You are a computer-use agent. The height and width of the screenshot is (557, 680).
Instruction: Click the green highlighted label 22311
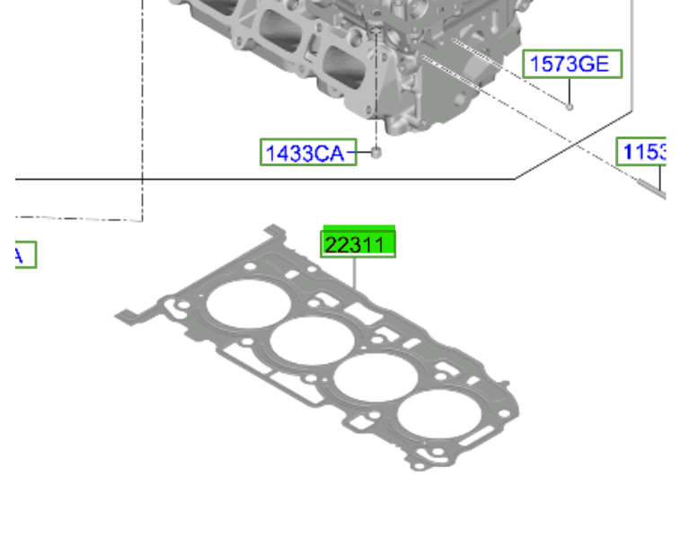point(358,244)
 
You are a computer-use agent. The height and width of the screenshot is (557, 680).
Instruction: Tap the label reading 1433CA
point(305,153)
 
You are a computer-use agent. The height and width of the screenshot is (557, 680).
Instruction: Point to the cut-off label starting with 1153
point(644,152)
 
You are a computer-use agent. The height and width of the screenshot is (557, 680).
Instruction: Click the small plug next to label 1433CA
point(376,152)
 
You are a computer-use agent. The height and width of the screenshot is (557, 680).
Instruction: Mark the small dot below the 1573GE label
point(570,106)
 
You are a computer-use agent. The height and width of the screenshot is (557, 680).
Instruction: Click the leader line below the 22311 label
point(356,273)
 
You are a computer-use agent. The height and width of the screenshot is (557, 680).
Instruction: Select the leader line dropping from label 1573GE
point(570,90)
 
